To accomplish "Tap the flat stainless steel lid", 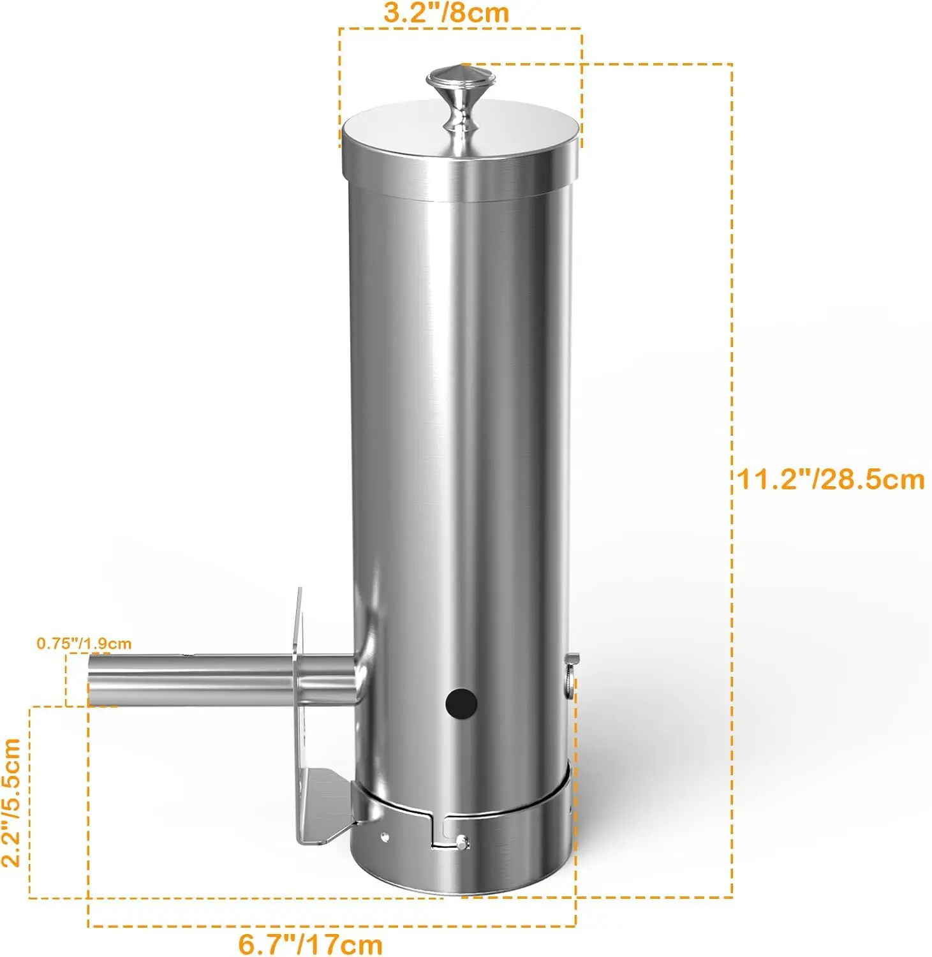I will (408, 131).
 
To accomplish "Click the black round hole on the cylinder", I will (461, 703).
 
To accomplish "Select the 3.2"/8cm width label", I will (446, 13).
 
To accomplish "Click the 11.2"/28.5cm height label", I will (831, 479).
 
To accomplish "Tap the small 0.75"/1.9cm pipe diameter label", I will (84, 643).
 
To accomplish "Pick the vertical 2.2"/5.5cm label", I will (11, 802).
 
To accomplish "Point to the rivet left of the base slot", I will (384, 836).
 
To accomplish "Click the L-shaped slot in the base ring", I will (439, 833).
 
